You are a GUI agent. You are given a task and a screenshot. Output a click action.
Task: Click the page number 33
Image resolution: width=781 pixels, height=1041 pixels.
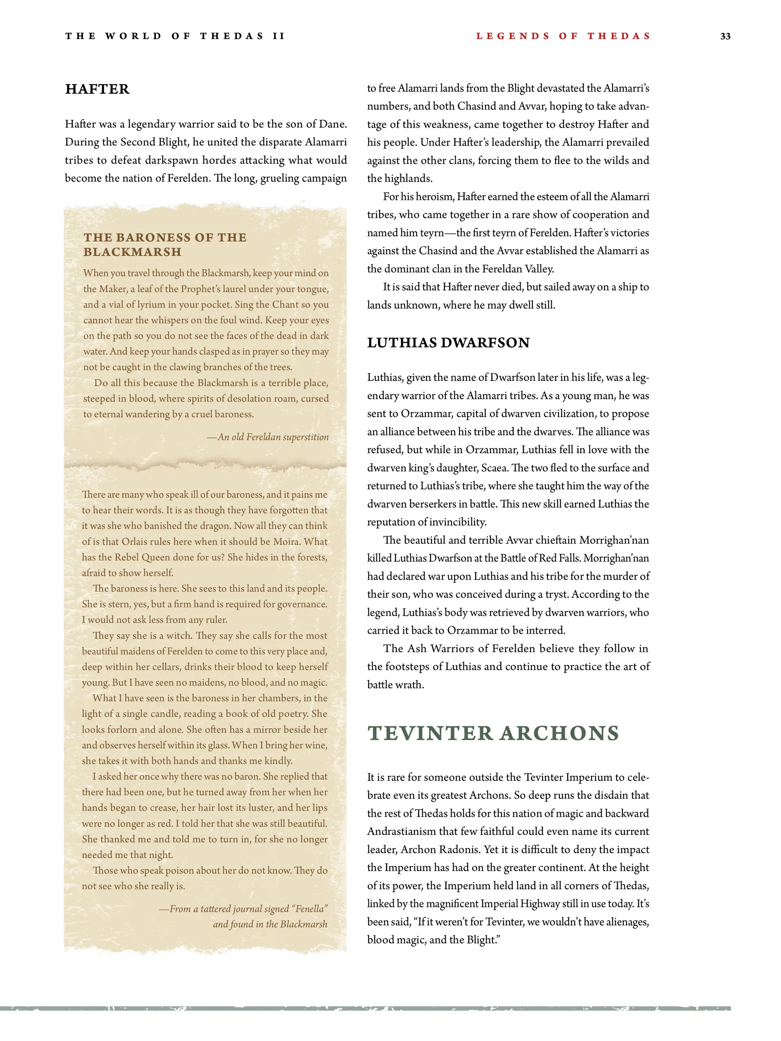(x=725, y=36)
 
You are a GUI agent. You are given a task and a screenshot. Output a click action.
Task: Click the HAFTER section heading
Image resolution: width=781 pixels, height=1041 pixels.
(x=97, y=89)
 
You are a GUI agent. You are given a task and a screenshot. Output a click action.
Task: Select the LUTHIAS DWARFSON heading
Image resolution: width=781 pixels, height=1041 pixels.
(x=448, y=342)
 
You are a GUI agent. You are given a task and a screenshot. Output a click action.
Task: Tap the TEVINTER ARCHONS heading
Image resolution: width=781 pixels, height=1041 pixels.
(x=493, y=733)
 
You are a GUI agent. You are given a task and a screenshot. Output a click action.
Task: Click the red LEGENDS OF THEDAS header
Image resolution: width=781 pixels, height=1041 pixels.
(x=563, y=36)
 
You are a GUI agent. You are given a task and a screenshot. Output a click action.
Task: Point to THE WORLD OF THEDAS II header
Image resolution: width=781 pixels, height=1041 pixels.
(x=175, y=36)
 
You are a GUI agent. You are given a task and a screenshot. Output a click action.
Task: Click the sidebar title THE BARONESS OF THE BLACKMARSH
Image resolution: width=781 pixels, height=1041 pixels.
(x=165, y=244)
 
